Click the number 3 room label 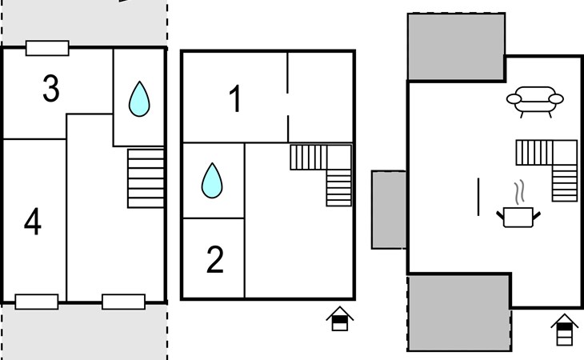(x=50, y=90)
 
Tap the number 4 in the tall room (x=32, y=222)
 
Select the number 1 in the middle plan (x=235, y=100)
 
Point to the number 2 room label (x=214, y=261)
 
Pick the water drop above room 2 (x=212, y=180)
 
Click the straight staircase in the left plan (x=146, y=178)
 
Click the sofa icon (x=534, y=101)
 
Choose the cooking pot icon (x=518, y=216)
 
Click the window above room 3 (x=47, y=48)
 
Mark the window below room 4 (x=37, y=302)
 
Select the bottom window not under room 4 (x=123, y=302)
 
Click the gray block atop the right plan (x=456, y=46)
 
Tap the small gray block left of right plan (x=390, y=210)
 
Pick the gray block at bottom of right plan (x=459, y=313)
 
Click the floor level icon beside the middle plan (x=339, y=318)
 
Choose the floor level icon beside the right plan (x=565, y=329)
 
